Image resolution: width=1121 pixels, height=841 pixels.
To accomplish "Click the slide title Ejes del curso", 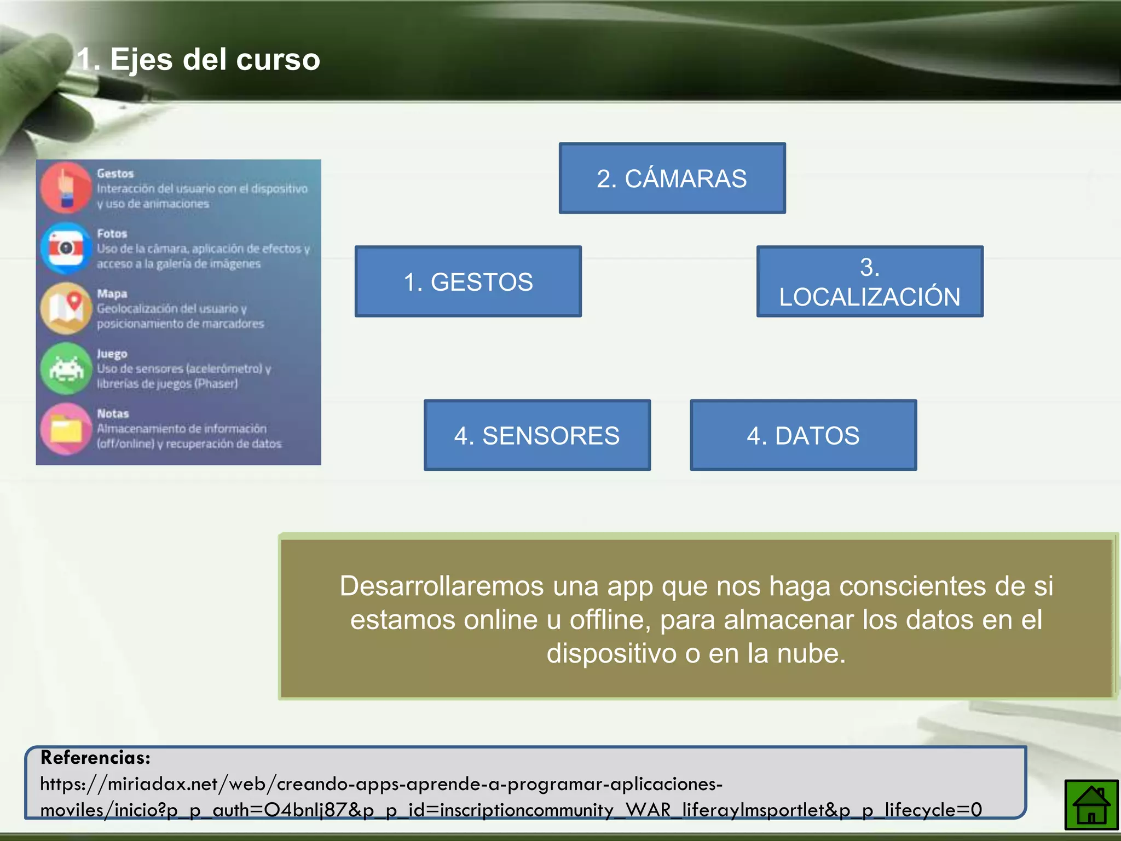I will point(198,59).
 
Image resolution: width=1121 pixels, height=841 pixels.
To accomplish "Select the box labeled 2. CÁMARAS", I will point(672,178).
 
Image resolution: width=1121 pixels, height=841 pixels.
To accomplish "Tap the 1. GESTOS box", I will point(468,282).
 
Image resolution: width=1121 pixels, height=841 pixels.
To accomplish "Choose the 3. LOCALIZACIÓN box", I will point(869,282).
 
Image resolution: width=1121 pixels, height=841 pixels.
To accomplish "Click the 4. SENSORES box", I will point(536,435).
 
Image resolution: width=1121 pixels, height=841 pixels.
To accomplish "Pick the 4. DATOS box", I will point(803,435).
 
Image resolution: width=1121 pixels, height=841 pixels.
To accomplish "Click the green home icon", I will point(1090,804).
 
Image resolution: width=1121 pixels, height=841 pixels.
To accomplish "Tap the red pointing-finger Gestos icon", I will point(66,188).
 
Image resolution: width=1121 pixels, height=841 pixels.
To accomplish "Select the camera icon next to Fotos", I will point(66,248).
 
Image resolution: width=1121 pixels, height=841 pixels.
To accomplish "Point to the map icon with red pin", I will point(66,308).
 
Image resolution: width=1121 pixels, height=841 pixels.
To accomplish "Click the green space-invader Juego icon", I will point(66,368).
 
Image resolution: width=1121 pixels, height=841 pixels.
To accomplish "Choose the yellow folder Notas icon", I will point(66,429).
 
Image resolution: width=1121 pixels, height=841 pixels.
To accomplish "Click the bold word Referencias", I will point(95,758).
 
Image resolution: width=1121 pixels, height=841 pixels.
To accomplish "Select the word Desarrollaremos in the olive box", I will point(442,586).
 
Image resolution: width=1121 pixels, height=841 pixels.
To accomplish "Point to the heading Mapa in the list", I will point(112,293).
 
